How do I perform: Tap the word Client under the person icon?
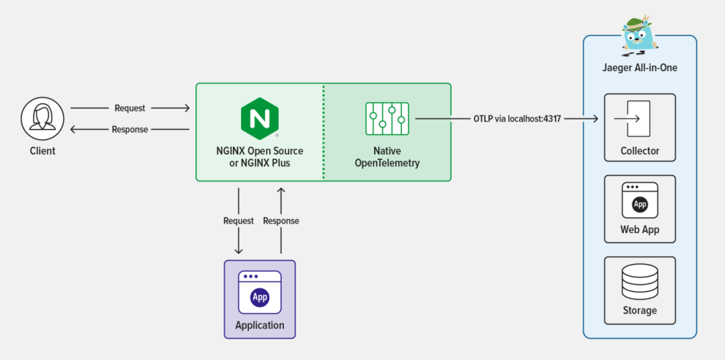tap(42, 151)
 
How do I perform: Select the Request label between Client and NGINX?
tap(130, 108)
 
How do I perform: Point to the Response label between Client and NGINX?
tap(130, 129)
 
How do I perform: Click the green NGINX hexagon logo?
tap(260, 118)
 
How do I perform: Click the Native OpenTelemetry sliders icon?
tap(387, 119)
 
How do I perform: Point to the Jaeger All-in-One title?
tap(639, 68)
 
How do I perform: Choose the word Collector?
tap(640, 151)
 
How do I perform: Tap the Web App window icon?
tap(640, 200)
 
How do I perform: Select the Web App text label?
tap(640, 230)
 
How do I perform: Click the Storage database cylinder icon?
tap(640, 282)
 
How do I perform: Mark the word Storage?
tap(640, 310)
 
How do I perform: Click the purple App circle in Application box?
tap(260, 297)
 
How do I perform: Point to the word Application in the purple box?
tap(260, 325)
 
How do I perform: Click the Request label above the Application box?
tap(238, 221)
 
